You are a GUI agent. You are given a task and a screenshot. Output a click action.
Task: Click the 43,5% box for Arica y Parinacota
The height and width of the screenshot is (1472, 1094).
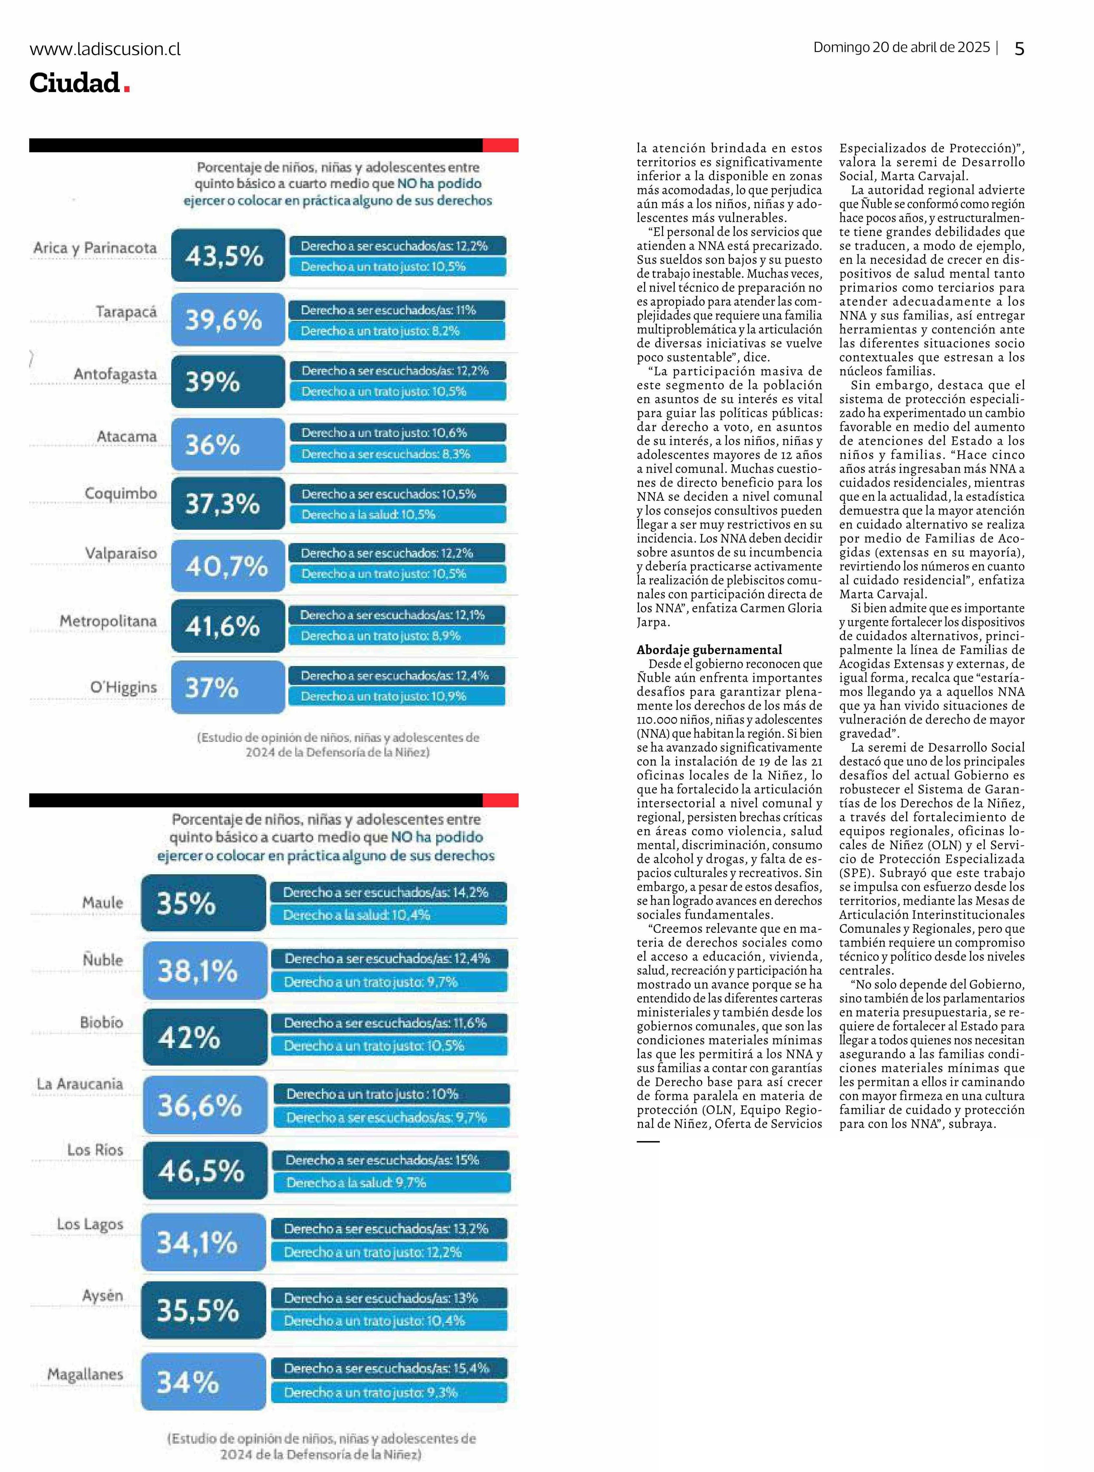click(x=228, y=255)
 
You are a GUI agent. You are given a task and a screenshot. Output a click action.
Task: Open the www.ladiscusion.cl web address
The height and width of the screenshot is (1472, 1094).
click(x=104, y=49)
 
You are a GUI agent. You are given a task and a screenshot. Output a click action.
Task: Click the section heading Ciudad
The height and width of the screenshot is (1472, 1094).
click(x=74, y=83)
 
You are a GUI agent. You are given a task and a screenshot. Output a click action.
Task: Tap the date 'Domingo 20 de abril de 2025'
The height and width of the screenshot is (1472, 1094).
click(x=901, y=48)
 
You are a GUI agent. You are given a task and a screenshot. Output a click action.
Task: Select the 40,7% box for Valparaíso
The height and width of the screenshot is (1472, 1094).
click(x=228, y=566)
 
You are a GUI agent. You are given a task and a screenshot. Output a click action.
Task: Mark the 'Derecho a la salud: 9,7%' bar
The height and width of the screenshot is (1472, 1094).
click(x=391, y=1183)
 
